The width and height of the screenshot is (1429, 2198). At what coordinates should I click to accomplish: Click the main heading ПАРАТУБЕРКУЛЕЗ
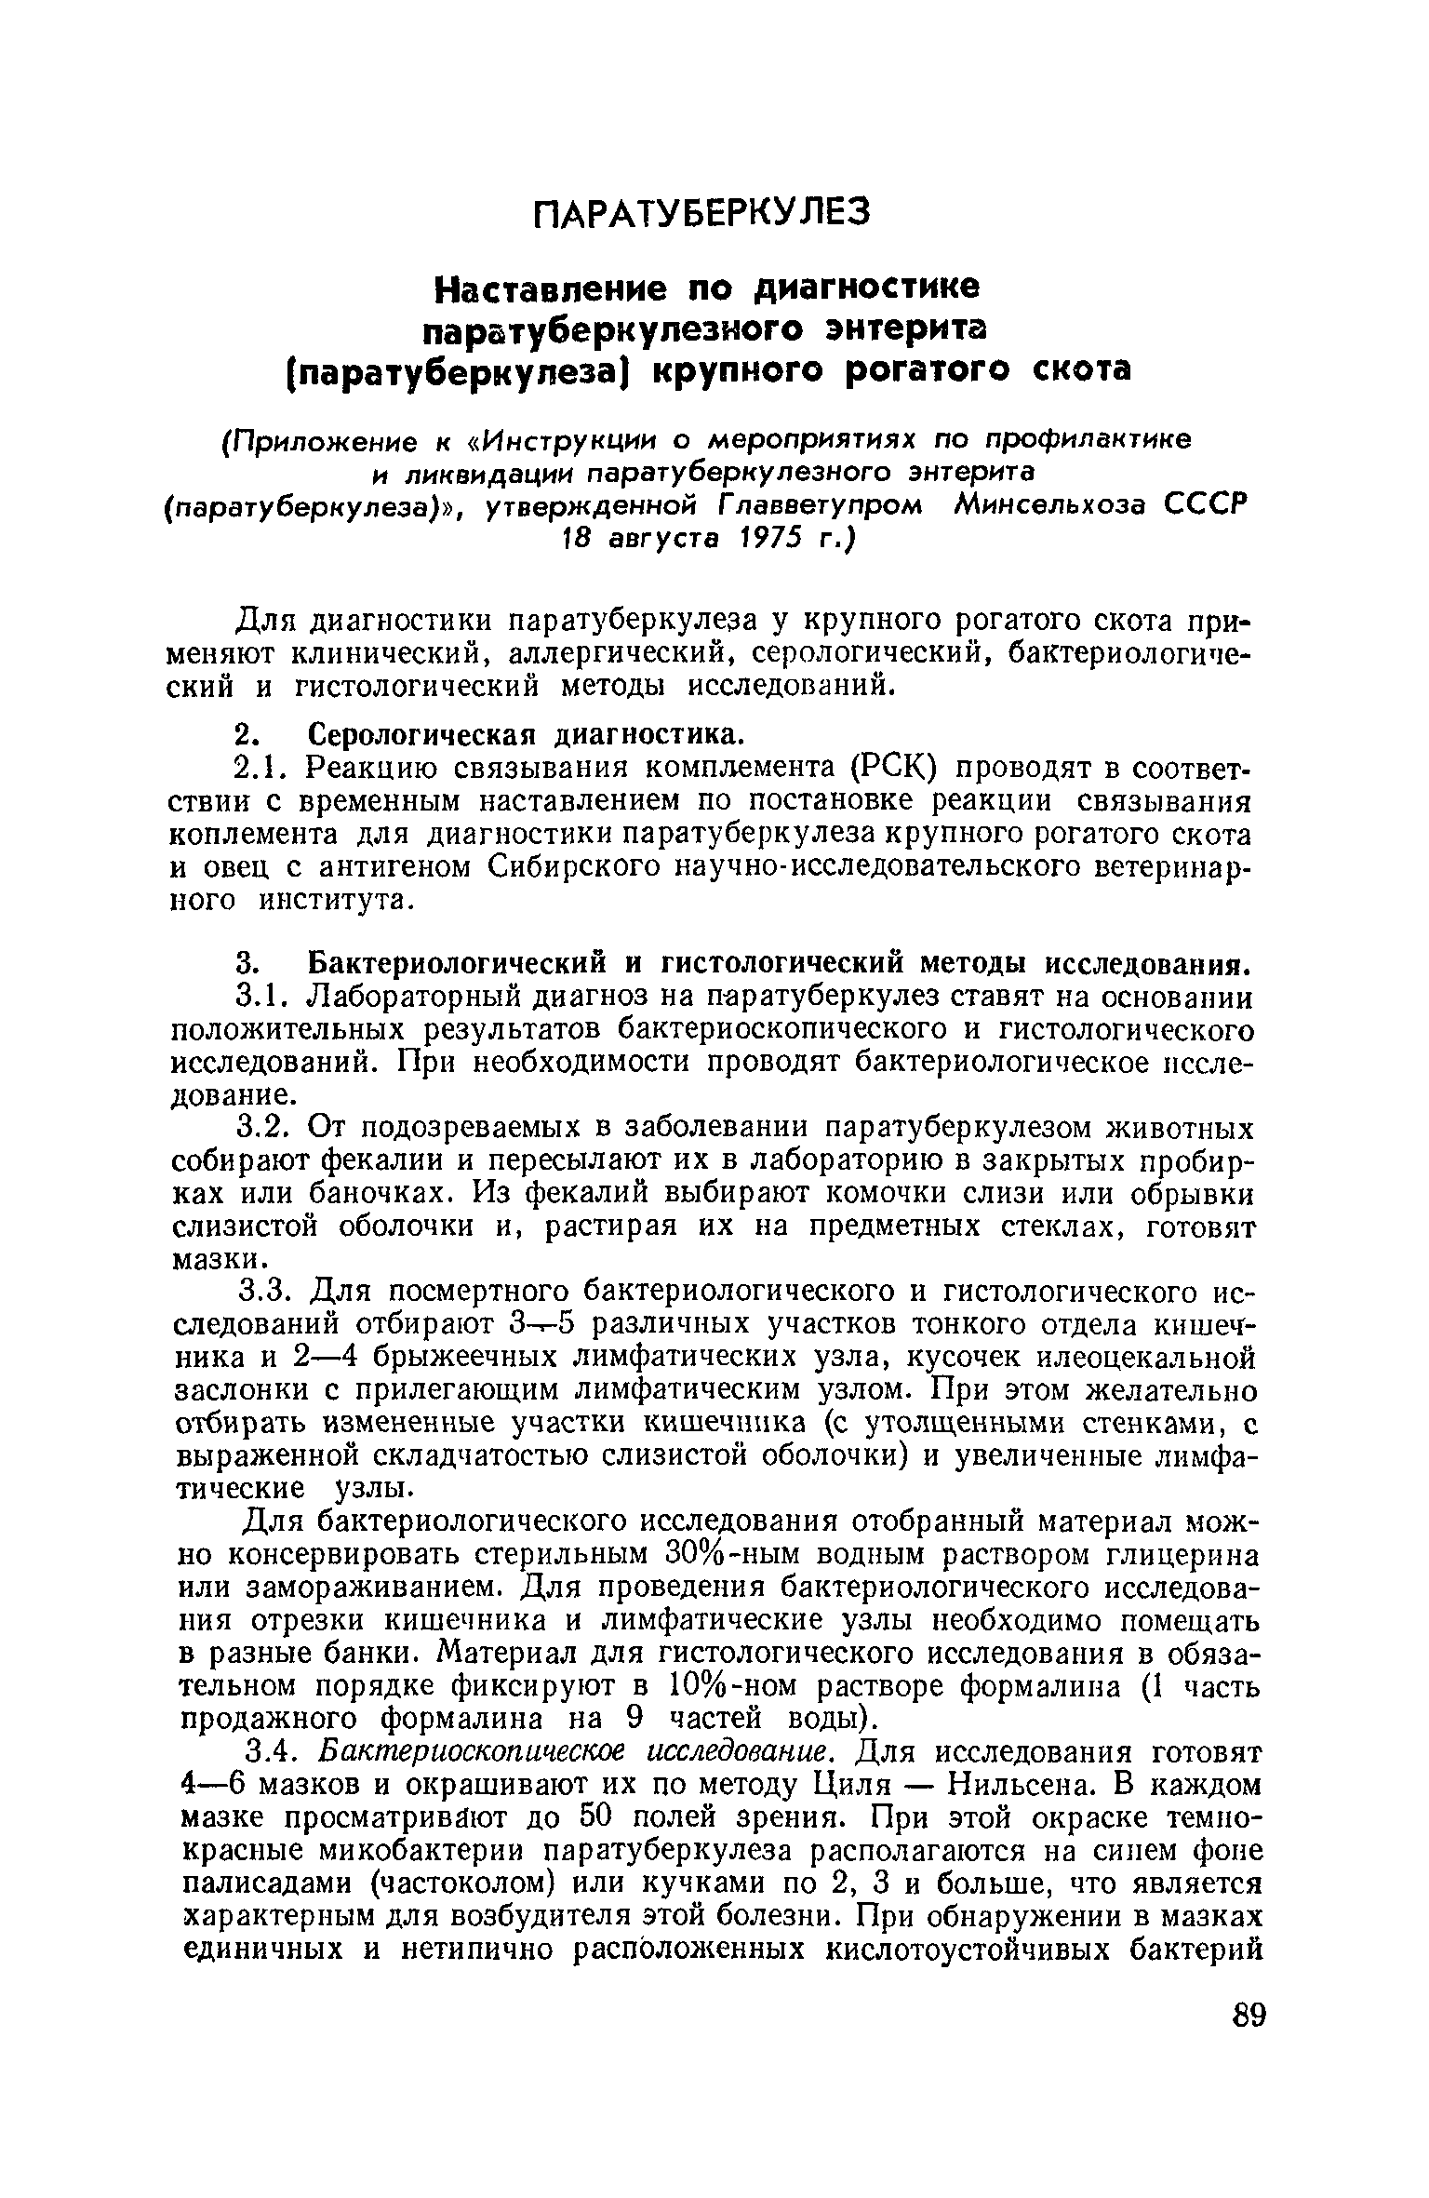pos(703,213)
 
